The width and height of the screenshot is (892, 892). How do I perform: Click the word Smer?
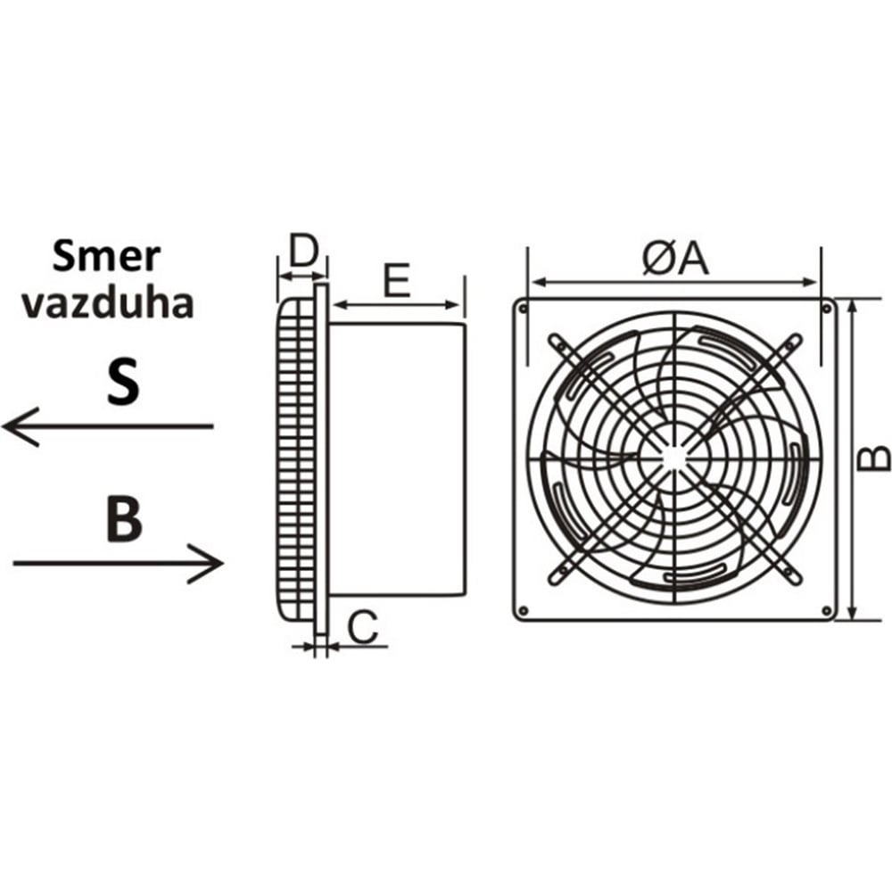point(106,256)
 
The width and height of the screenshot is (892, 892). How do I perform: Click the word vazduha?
point(108,302)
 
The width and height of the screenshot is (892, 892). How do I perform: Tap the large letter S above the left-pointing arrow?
point(122,382)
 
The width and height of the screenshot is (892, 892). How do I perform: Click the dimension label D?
point(303,252)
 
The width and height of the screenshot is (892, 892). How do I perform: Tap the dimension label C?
point(361,627)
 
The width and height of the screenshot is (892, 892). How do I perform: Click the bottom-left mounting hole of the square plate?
point(524,610)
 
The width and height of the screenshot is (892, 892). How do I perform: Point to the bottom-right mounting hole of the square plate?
point(826,610)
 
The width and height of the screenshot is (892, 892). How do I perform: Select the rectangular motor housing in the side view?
point(397,459)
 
